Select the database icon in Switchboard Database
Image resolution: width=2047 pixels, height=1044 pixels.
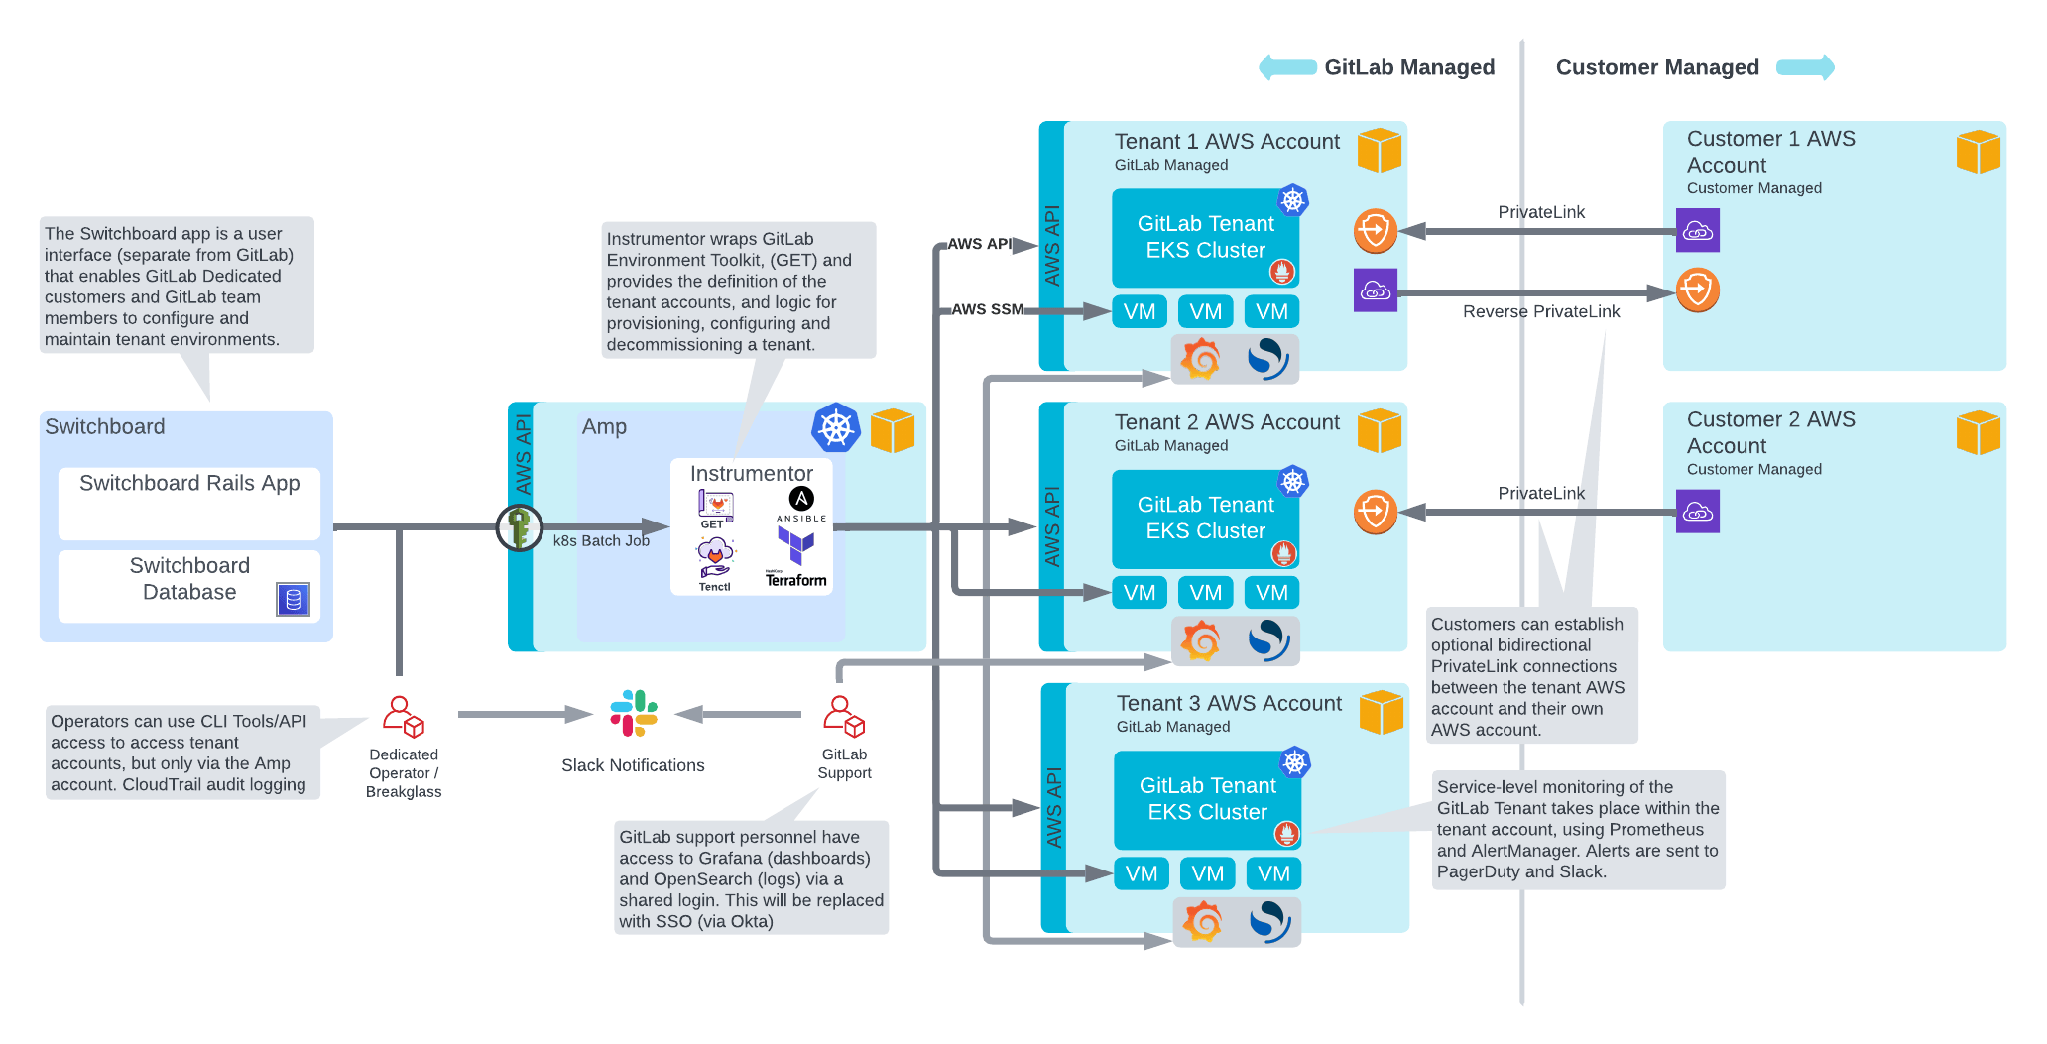293,599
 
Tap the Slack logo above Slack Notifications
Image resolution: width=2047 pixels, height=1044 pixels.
634,713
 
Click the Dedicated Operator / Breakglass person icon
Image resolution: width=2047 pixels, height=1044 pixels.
403,716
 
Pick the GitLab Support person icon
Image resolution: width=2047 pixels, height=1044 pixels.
843,716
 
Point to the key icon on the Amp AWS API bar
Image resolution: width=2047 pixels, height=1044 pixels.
519,526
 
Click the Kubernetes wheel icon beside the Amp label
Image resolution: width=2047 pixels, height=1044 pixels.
836,427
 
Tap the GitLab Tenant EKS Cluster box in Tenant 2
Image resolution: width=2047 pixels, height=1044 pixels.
1205,518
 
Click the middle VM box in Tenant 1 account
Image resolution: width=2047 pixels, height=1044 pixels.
1205,311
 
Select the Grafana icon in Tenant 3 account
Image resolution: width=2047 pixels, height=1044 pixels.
1203,921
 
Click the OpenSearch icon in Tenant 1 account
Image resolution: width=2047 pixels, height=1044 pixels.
1267,359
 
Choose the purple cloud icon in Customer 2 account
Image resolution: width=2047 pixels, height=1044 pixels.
1697,512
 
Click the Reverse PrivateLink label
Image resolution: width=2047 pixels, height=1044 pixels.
1540,311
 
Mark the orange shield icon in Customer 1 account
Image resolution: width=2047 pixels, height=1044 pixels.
1697,290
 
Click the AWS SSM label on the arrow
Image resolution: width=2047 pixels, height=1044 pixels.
987,309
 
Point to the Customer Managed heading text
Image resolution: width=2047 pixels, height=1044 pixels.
1656,67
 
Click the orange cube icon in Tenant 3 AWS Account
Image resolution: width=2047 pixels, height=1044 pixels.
1381,712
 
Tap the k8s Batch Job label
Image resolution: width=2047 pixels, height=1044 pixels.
601,540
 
